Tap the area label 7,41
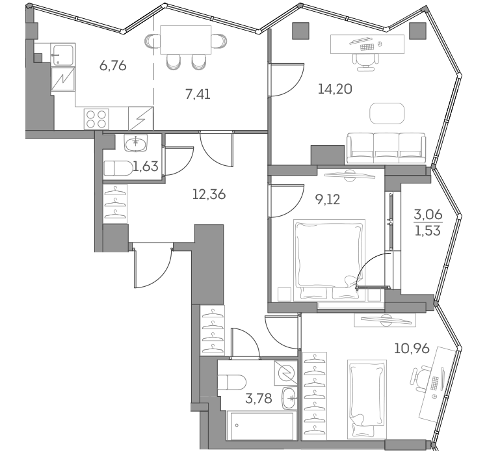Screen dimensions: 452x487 198,94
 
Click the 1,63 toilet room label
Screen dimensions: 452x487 146,166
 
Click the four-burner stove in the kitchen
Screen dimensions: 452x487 97,119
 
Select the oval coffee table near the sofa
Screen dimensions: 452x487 387,113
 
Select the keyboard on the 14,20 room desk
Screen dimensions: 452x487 366,46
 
